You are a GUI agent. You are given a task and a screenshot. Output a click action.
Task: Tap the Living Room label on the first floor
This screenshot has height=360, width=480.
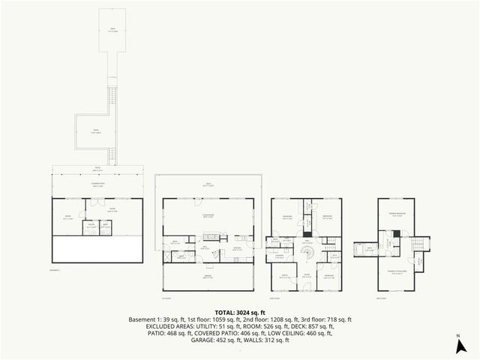point(208,215)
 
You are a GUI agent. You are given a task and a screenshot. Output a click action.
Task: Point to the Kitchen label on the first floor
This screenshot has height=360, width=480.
point(237,248)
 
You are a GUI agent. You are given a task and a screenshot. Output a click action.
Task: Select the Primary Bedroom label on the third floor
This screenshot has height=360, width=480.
point(397,214)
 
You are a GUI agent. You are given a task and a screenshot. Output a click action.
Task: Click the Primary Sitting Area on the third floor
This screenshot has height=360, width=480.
point(397,273)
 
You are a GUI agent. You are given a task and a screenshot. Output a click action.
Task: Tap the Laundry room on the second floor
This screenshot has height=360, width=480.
point(279,256)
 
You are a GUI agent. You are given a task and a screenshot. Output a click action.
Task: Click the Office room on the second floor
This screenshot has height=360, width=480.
point(284,277)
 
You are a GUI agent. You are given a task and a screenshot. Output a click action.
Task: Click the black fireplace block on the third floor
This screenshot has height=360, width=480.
point(397,234)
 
